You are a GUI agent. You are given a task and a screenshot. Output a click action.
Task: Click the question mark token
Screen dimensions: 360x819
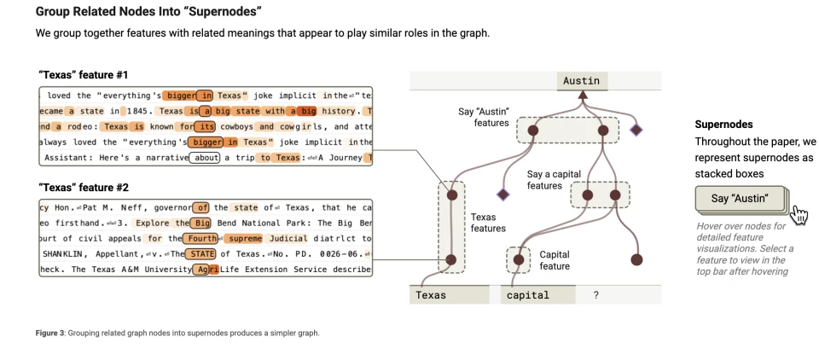(x=595, y=295)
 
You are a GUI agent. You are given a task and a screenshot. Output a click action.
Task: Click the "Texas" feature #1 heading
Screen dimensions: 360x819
(x=83, y=74)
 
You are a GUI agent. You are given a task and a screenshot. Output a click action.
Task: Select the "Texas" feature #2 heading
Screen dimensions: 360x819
(x=83, y=187)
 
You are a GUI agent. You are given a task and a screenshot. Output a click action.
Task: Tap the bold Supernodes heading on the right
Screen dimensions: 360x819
(x=723, y=125)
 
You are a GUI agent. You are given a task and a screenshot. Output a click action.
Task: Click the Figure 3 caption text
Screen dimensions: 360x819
(x=178, y=333)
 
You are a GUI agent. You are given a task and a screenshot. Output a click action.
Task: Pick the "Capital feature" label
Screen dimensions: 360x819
(x=555, y=259)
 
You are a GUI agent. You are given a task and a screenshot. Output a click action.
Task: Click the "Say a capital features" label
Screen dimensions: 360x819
(x=554, y=180)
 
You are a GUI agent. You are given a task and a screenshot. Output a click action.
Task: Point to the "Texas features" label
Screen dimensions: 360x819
(x=489, y=223)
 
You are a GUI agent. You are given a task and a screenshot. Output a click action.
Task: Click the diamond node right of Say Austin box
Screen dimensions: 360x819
(x=635, y=130)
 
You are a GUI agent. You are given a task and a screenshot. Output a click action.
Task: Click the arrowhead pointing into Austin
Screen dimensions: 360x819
(x=584, y=95)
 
